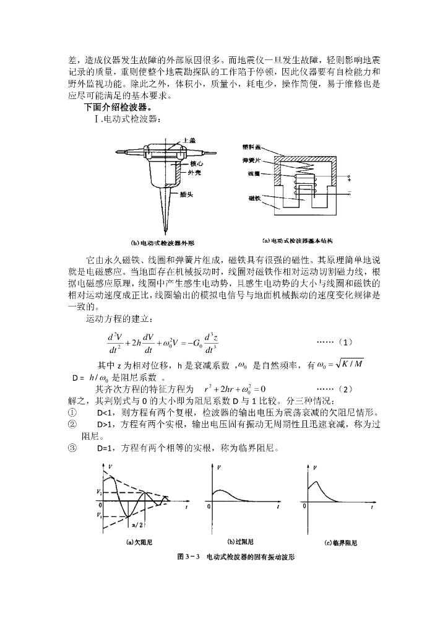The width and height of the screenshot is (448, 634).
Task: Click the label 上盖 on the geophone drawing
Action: point(184,141)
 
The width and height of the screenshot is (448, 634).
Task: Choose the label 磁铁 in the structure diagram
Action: point(254,198)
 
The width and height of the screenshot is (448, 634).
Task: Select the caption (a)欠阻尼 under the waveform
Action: point(139,542)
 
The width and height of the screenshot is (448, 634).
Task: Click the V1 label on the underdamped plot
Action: point(100,514)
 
